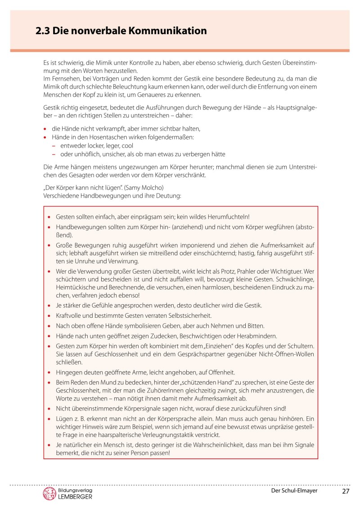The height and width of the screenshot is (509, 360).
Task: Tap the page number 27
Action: [345, 491]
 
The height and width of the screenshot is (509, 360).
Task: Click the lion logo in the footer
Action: [49, 493]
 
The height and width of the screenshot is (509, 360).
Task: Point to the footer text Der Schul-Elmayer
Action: [294, 491]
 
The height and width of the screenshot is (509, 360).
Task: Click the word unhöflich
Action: [82, 154]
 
